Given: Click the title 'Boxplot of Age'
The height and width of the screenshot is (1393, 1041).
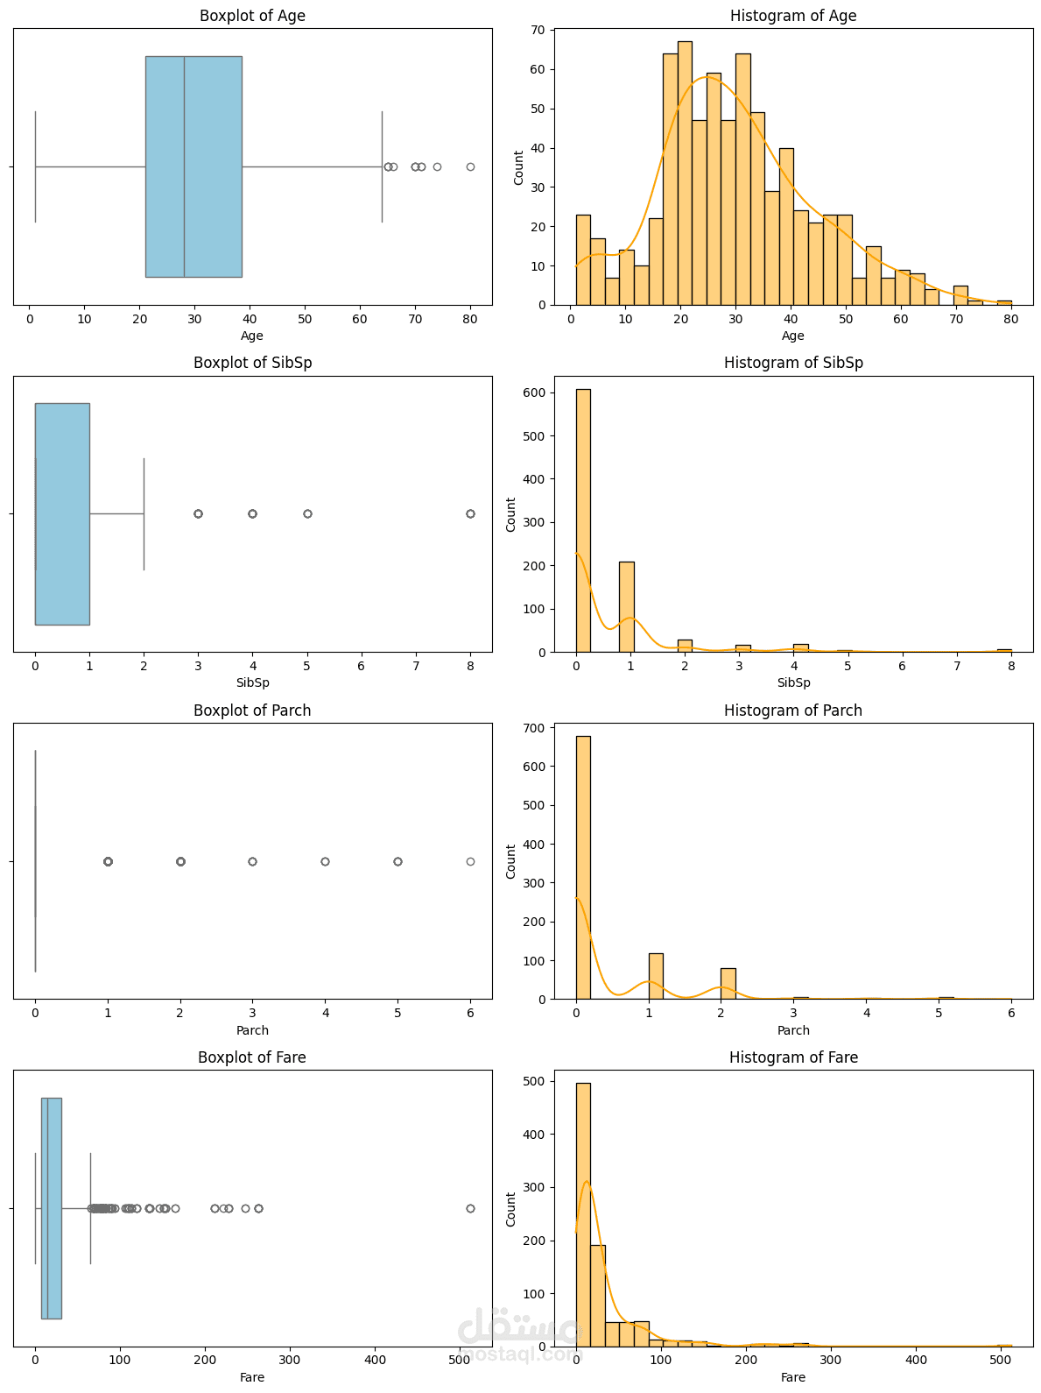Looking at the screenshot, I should pyautogui.click(x=252, y=16).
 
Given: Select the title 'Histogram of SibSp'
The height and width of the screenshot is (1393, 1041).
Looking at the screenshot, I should pyautogui.click(x=793, y=363).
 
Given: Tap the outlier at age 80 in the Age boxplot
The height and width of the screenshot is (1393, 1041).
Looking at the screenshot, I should pyautogui.click(x=470, y=166).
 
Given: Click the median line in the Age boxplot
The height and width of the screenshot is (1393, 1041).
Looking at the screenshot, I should pyautogui.click(x=184, y=166).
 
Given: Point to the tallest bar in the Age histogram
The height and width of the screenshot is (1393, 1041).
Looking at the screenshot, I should pyautogui.click(x=685, y=175).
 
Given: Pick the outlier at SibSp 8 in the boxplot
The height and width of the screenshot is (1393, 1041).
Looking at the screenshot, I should pyautogui.click(x=470, y=513).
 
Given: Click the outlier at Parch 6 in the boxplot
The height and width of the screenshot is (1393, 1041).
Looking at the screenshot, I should pyautogui.click(x=470, y=861).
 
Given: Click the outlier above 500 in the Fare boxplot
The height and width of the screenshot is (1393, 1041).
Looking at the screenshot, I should pyautogui.click(x=470, y=1208).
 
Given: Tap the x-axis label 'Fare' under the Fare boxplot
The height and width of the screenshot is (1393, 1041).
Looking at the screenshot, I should pyautogui.click(x=252, y=1377).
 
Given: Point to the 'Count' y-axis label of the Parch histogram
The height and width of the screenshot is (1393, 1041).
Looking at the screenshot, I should pyautogui.click(x=511, y=861).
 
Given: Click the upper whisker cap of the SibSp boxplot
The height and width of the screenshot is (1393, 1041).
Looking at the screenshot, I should pyautogui.click(x=144, y=513).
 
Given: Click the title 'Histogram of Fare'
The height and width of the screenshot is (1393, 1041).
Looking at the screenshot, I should pyautogui.click(x=793, y=1057).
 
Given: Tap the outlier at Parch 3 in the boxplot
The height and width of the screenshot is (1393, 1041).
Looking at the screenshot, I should pyautogui.click(x=252, y=861).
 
